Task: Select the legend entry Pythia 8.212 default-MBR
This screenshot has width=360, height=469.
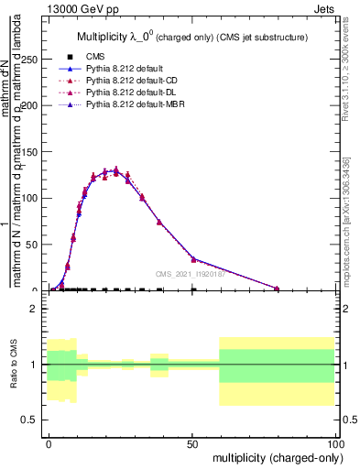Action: [x=135, y=105]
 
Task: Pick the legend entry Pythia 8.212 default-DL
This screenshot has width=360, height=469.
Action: [x=131, y=93]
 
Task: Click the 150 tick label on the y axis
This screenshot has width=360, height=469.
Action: [x=30, y=151]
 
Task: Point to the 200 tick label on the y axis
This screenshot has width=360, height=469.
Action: [x=30, y=105]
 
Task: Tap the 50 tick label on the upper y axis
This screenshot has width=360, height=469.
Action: [x=33, y=245]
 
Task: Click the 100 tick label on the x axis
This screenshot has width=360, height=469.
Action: [x=334, y=442]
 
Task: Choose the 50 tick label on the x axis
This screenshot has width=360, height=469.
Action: [x=191, y=442]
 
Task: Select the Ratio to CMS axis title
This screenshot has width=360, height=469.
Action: [x=14, y=365]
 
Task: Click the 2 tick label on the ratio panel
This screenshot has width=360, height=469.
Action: [x=35, y=310]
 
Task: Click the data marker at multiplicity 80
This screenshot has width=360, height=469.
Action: [x=277, y=289]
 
